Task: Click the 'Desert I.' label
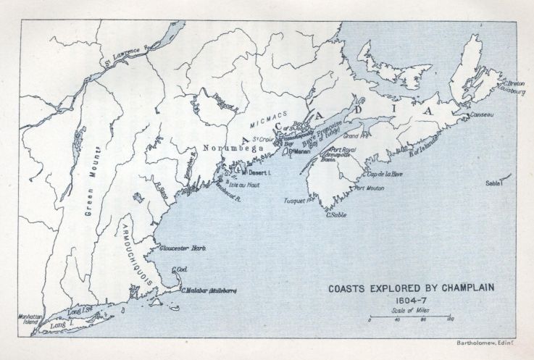point(259,174)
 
